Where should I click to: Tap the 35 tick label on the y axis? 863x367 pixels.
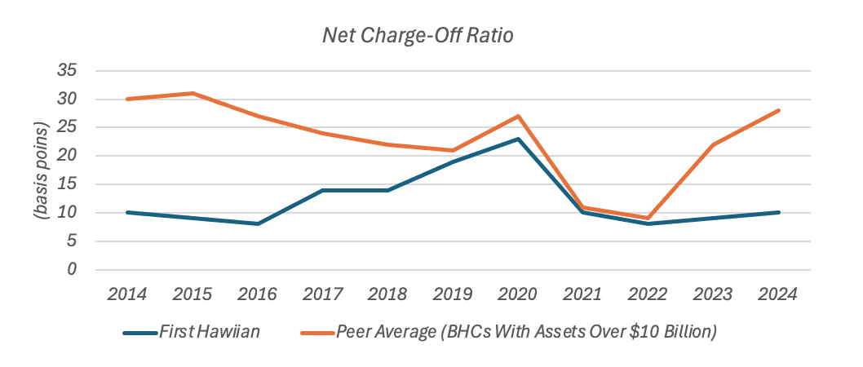pos(67,71)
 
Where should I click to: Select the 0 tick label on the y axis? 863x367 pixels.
pos(72,269)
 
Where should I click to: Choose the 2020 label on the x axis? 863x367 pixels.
pos(517,294)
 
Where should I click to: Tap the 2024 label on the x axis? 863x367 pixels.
pos(777,294)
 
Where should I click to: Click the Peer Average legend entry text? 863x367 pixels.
pos(526,333)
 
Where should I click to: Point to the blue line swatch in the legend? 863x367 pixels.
pos(146,334)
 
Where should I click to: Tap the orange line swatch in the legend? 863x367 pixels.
pos(316,334)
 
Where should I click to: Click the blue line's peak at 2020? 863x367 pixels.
pos(518,139)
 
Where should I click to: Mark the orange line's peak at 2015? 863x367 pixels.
pos(193,93)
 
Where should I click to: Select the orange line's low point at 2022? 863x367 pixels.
pos(648,218)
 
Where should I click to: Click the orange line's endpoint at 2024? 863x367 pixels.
pos(778,110)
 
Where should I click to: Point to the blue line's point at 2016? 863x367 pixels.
pos(258,223)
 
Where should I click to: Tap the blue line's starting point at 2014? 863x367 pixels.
pos(128,212)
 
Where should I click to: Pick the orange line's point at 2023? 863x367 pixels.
pos(713,144)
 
